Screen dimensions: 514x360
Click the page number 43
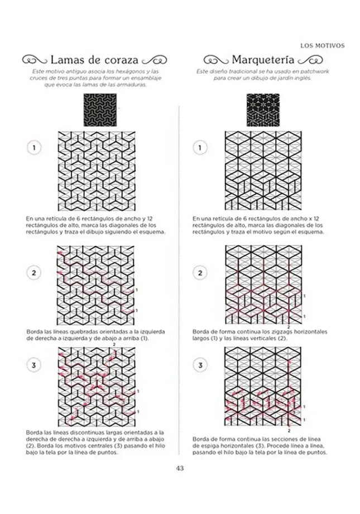pyautogui.click(x=180, y=468)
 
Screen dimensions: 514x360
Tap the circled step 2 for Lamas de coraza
pyautogui.click(x=33, y=273)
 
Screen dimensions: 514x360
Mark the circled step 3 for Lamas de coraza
pyautogui.click(x=33, y=366)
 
